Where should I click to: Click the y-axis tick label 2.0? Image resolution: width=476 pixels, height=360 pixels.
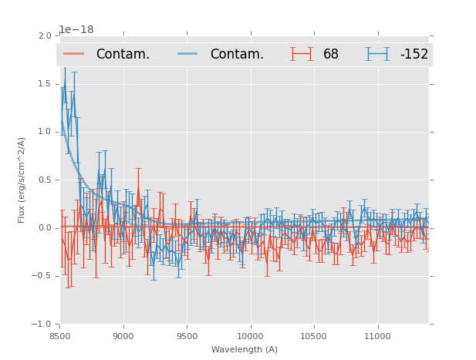44,35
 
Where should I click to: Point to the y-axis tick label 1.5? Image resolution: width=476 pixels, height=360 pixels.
44,83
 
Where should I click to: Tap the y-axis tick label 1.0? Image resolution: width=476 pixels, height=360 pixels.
44,132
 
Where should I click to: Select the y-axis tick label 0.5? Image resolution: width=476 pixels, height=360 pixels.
44,180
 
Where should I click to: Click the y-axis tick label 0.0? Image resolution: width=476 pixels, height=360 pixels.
44,227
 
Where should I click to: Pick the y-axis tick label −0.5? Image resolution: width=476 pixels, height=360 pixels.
42,276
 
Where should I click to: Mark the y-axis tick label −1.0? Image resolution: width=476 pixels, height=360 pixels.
42,324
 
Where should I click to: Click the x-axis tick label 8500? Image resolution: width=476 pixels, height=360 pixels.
60,336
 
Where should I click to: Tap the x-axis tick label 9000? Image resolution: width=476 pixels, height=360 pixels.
123,336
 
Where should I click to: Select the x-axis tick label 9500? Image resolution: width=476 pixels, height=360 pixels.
187,336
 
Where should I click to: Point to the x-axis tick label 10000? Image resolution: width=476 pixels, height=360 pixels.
250,336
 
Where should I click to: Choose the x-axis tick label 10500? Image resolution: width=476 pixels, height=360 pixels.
313,336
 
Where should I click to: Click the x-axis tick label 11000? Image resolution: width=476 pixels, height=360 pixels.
376,336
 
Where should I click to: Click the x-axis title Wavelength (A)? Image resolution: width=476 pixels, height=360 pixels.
245,349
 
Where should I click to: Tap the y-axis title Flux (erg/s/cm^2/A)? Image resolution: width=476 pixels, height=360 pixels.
22,180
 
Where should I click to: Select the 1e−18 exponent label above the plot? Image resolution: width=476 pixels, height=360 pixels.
76,30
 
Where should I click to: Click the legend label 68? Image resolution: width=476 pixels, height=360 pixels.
331,54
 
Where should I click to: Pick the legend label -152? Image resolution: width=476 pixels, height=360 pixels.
414,54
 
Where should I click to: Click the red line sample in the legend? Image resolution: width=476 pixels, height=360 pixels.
74,54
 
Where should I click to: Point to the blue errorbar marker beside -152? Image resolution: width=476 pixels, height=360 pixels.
378,54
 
